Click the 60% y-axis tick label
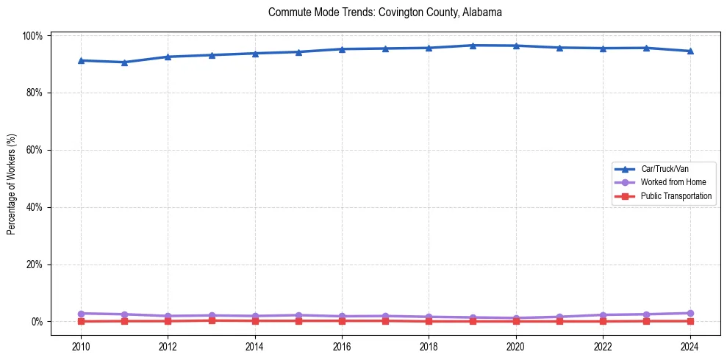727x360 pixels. coord(35,150)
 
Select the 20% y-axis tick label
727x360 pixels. coord(35,264)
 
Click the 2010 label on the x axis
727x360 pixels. coord(81,347)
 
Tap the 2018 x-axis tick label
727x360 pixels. coord(429,347)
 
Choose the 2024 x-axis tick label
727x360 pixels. coord(690,347)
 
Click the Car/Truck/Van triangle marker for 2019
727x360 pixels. coord(473,46)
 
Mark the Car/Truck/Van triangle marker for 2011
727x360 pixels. coord(125,62)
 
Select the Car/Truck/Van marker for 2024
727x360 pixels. coord(690,51)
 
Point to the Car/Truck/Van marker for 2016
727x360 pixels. coord(342,49)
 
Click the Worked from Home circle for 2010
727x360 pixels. coord(81,314)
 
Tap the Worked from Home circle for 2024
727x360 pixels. coord(690,313)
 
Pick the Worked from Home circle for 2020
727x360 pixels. coord(516,318)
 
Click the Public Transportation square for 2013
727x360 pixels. coord(212,320)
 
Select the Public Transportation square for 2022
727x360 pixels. coord(603,321)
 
